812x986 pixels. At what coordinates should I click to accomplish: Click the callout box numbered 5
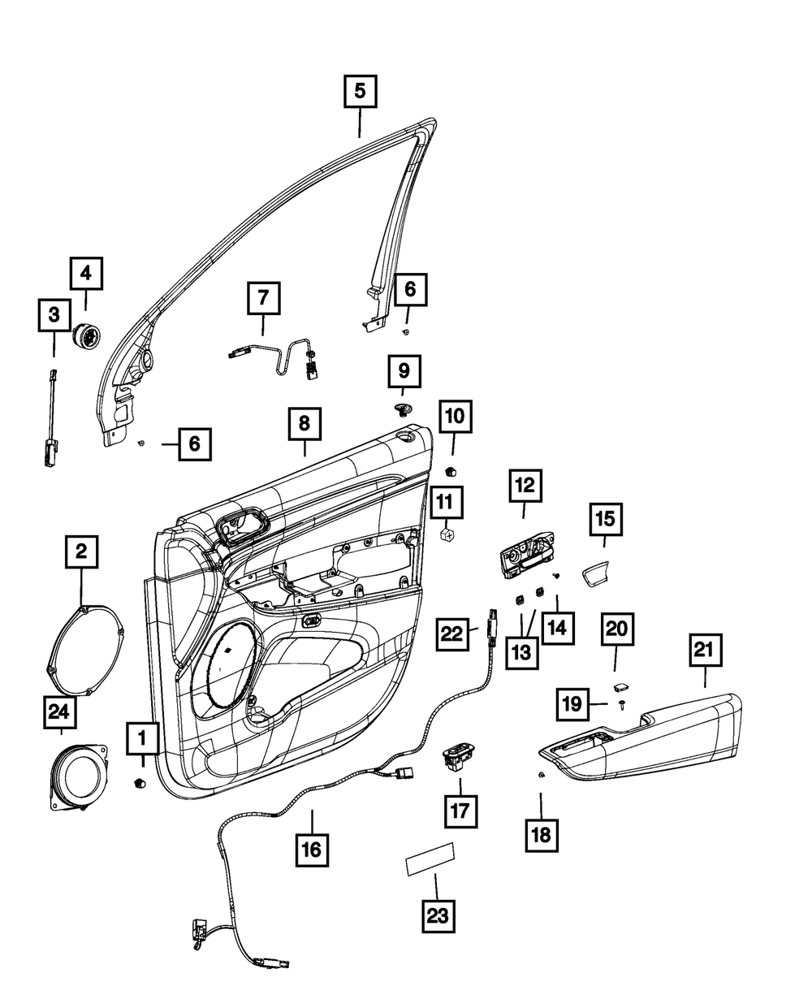pyautogui.click(x=360, y=91)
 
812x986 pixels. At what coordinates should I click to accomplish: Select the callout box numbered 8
pyautogui.click(x=304, y=423)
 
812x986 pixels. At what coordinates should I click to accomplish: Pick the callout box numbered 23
pyautogui.click(x=438, y=917)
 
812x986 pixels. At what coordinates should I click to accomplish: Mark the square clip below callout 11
pyautogui.click(x=447, y=535)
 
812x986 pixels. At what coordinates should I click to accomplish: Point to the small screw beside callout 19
pyautogui.click(x=622, y=704)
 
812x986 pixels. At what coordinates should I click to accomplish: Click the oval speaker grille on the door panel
pyautogui.click(x=230, y=665)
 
